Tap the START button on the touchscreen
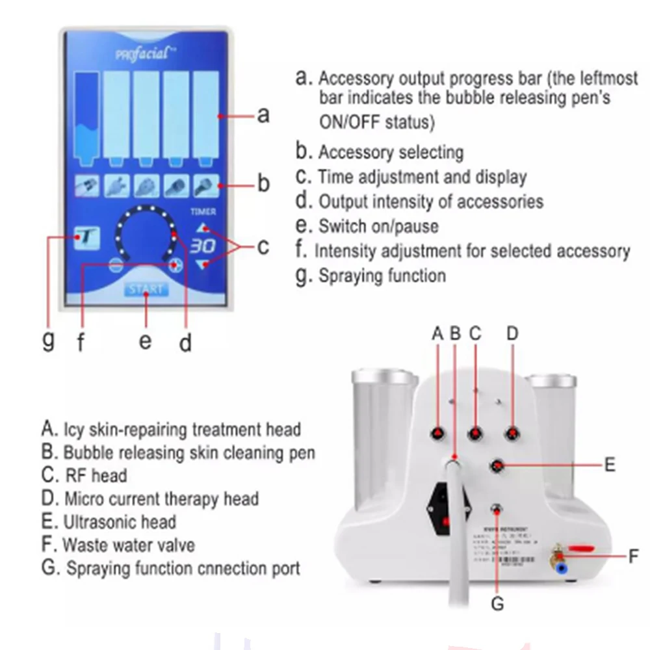[146, 289]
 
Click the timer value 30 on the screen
[203, 246]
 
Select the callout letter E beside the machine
[609, 465]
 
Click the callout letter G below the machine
[497, 604]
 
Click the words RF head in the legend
[95, 475]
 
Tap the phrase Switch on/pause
[378, 226]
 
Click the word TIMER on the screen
[203, 211]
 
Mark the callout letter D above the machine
[512, 333]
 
